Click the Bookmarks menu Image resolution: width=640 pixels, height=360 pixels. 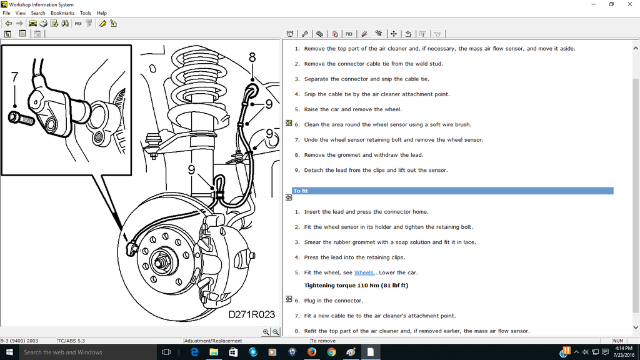pos(62,12)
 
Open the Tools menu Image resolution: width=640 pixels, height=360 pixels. pos(85,12)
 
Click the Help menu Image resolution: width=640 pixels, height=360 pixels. pos(102,12)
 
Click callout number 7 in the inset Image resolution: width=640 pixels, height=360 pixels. pos(15,77)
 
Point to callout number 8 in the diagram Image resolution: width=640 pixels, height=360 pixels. pos(252,57)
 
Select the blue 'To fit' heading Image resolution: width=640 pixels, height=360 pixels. pos(301,191)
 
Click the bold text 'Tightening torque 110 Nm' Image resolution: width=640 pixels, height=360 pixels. pos(356,286)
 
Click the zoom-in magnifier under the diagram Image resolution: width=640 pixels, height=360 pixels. pos(266,332)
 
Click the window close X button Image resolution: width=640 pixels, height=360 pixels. pos(630,4)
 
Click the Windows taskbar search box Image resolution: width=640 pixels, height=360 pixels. pos(81,352)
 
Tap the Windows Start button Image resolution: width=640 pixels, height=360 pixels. pos(9,352)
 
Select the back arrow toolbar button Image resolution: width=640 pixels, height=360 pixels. pos(9,23)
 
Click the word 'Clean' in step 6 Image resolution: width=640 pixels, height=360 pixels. pos(312,124)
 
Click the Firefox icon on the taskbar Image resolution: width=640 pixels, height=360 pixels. pos(312,352)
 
